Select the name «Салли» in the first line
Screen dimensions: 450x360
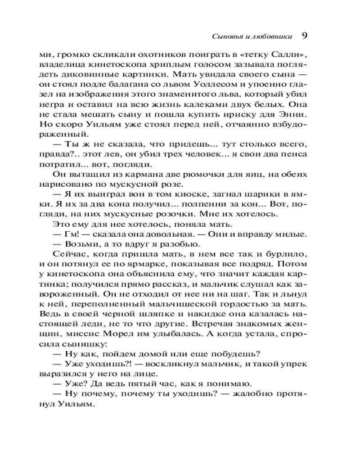pos(288,55)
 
